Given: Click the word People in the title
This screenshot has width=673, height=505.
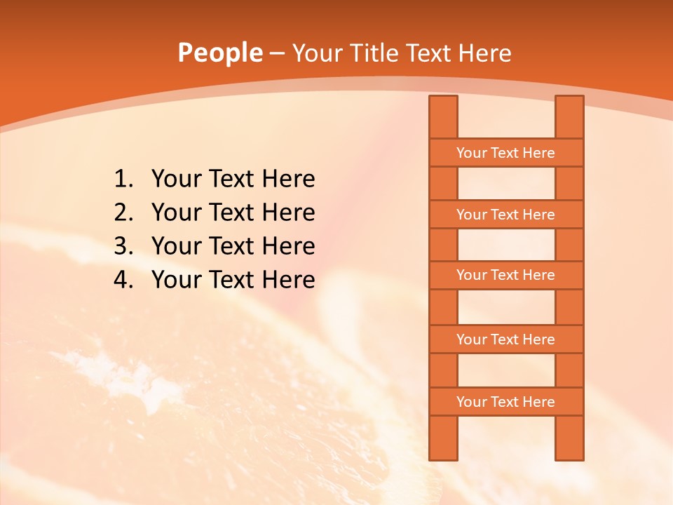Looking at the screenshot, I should [219, 53].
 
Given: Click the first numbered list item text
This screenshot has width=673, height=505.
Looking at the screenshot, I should [233, 180].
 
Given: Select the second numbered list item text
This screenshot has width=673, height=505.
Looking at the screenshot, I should [233, 213].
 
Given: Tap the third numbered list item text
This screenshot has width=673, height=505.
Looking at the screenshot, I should [233, 246].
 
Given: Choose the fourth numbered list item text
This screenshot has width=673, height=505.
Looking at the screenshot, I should [233, 280].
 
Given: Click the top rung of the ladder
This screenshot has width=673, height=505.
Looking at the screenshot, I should [505, 153].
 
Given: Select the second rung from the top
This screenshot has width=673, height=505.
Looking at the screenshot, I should [505, 215].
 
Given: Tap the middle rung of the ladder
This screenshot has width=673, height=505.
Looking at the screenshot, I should [505, 276].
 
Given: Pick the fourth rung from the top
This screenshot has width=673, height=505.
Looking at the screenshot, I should [505, 339].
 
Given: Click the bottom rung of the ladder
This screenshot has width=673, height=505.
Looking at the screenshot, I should [505, 402].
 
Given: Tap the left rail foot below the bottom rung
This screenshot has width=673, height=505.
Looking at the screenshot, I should [443, 438].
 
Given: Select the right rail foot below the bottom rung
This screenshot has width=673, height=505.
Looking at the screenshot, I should [569, 438].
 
